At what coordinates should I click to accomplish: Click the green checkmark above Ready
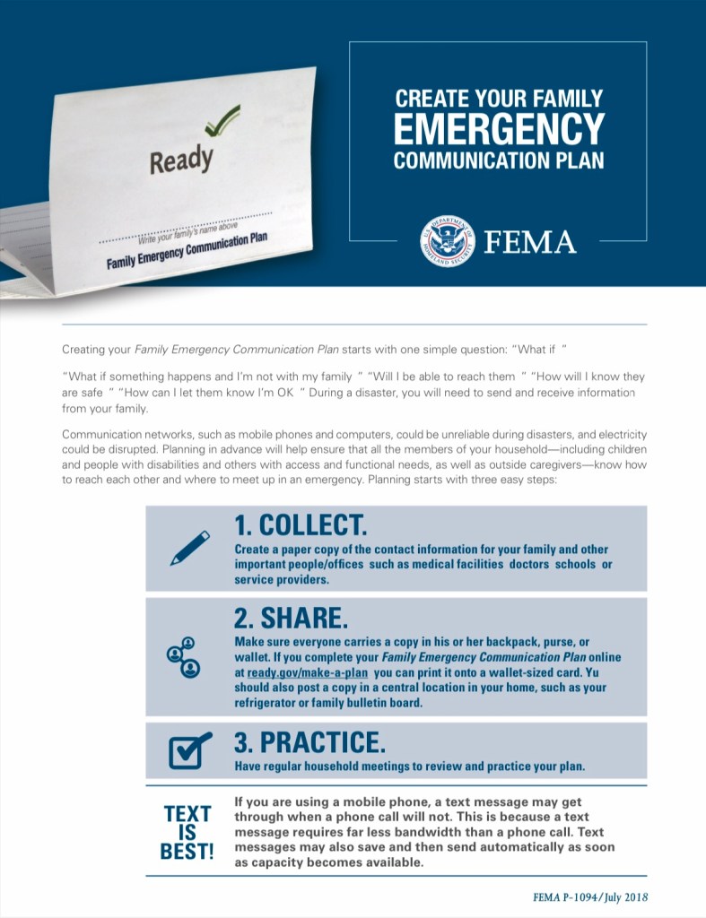click(221, 120)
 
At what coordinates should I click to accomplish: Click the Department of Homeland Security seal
click(447, 241)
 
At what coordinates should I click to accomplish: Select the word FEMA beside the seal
click(530, 242)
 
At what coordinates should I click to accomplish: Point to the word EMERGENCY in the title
click(499, 128)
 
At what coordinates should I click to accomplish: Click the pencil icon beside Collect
click(189, 548)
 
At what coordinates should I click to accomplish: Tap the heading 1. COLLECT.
click(301, 524)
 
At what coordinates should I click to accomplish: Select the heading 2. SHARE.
click(291, 618)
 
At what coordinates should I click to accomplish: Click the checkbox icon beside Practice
click(189, 750)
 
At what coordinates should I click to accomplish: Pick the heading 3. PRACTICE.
click(310, 742)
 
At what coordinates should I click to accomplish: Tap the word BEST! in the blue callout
click(187, 851)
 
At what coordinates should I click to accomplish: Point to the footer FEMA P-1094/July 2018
click(589, 896)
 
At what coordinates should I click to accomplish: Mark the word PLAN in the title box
click(571, 161)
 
